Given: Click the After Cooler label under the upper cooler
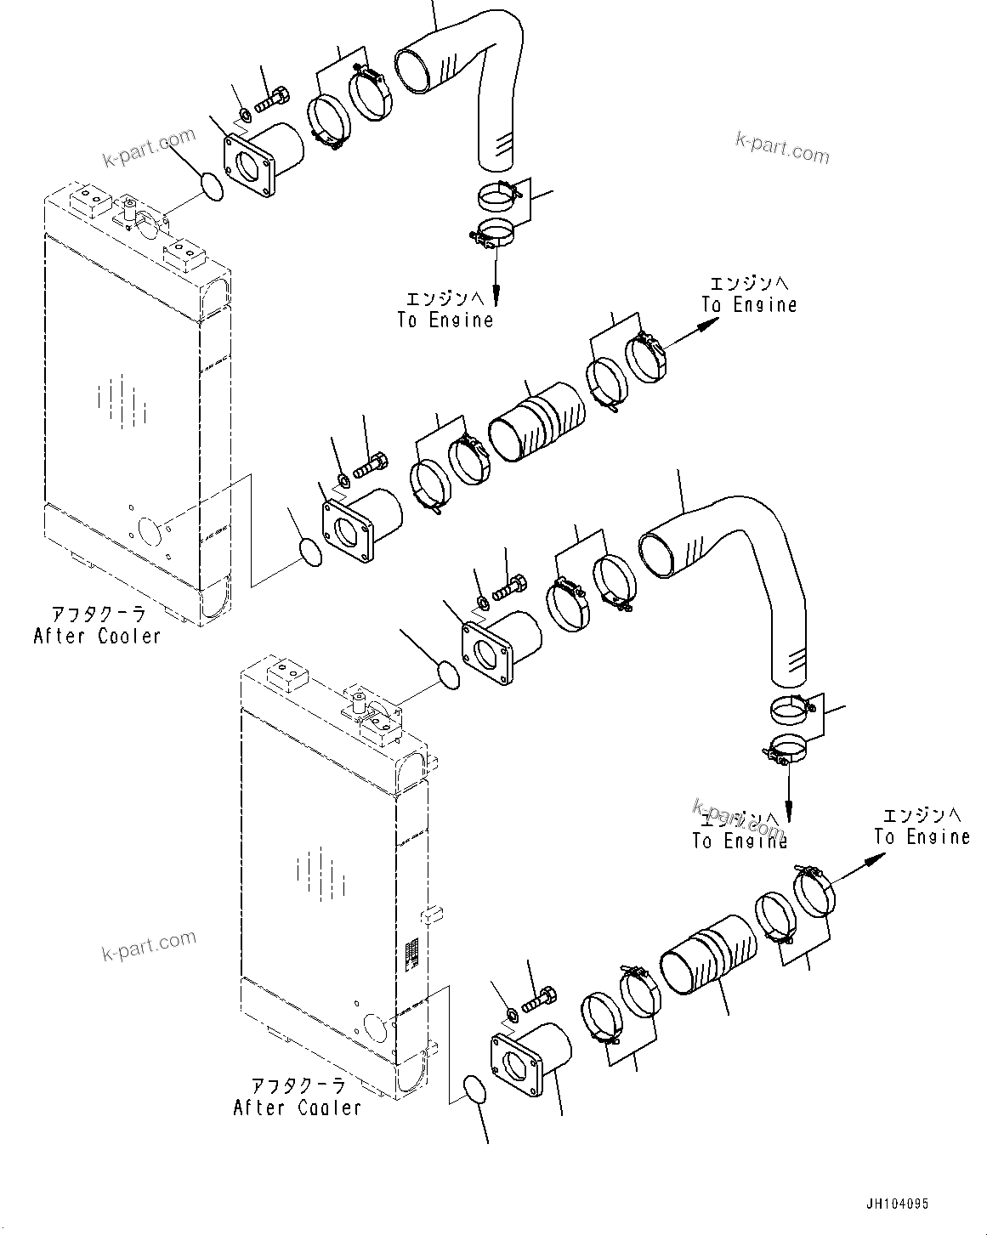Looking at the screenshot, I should tap(96, 635).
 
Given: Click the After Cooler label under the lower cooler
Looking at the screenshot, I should tap(297, 1108).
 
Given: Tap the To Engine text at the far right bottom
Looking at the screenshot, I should tap(922, 836).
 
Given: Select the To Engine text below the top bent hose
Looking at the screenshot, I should tap(445, 320).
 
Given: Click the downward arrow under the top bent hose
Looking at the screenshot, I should tap(495, 280).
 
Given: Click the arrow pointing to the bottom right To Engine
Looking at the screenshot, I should tap(859, 868).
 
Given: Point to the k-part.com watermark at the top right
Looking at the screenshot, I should tap(782, 149).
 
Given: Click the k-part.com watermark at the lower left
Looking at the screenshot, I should tap(149, 945).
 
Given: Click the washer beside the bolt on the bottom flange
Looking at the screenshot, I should tap(513, 1015).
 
